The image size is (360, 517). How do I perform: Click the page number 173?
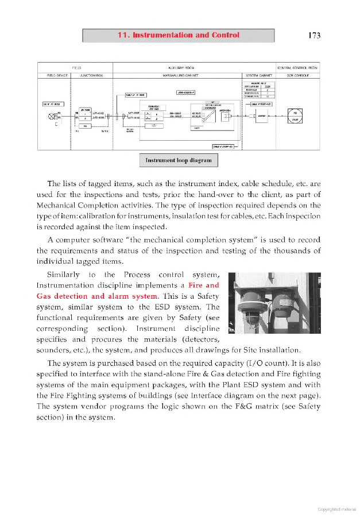tap(313, 36)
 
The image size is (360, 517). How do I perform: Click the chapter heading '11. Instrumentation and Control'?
tap(178, 35)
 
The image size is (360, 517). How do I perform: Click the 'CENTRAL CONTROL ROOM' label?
tap(298, 67)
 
